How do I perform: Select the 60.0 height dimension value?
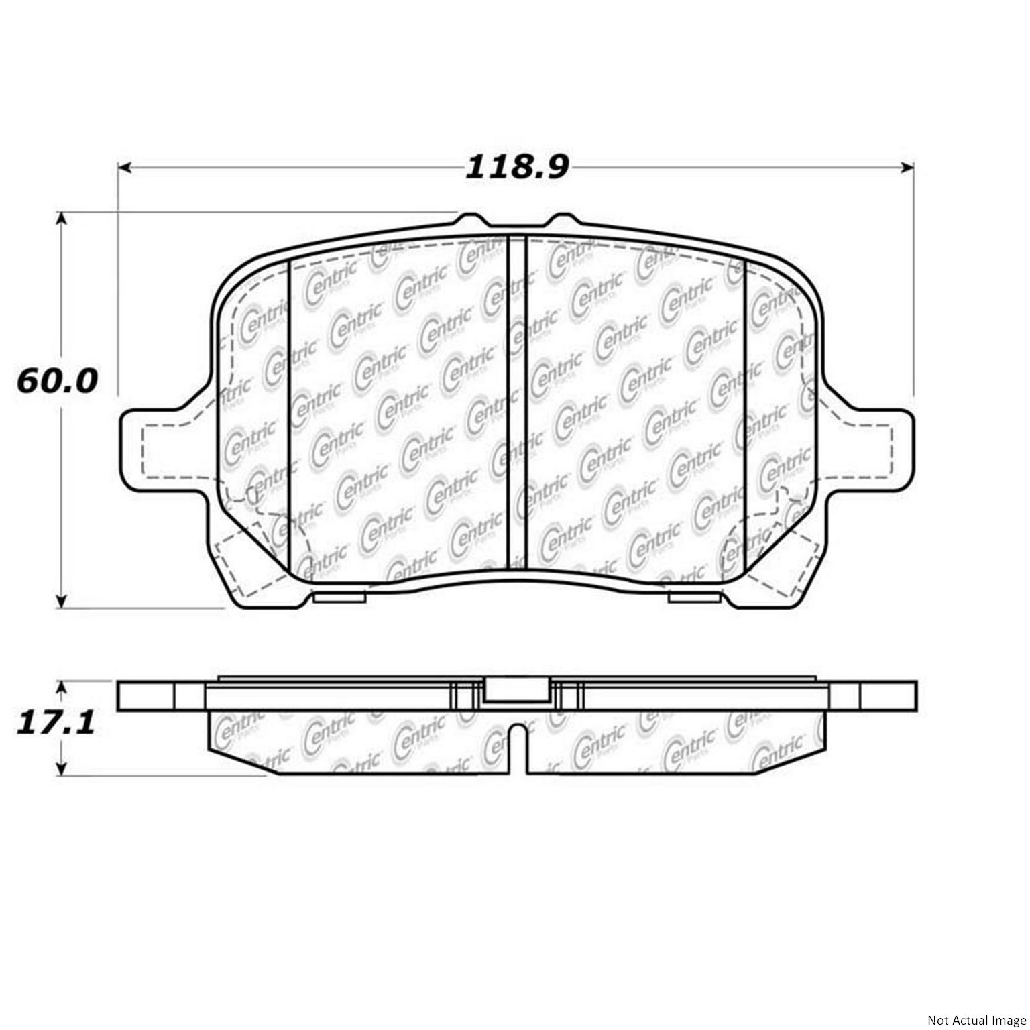coord(57,381)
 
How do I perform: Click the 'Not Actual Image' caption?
coord(976,1020)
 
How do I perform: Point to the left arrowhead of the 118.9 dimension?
coord(123,167)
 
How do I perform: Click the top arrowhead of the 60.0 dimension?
coord(62,219)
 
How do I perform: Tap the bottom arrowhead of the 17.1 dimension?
coord(62,769)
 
